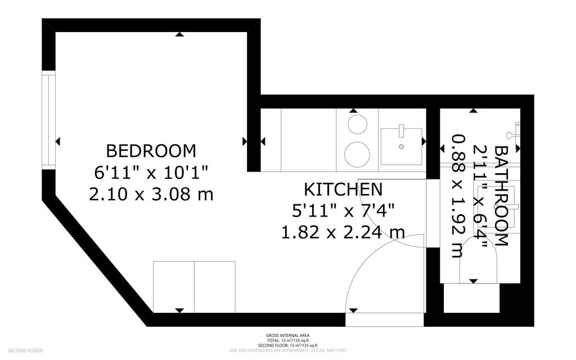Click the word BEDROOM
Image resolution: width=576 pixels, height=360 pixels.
[151, 151]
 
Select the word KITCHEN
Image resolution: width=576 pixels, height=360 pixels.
[343, 189]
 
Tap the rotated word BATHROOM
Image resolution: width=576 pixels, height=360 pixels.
[501, 196]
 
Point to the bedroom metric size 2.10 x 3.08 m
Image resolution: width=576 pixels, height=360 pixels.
[151, 195]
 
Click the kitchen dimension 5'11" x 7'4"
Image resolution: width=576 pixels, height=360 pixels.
[343, 210]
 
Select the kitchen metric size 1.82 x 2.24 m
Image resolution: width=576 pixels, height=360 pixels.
[343, 231]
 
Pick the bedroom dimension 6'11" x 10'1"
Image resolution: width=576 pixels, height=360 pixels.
[151, 173]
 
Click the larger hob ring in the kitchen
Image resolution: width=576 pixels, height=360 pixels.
[357, 154]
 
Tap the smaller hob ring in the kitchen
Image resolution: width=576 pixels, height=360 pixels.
[357, 124]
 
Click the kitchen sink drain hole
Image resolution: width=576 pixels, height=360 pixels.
[402, 146]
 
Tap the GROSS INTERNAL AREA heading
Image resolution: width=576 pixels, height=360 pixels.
[287, 335]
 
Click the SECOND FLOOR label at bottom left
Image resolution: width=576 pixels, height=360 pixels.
[25, 350]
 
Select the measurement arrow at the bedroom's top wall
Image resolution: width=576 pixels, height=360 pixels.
[179, 35]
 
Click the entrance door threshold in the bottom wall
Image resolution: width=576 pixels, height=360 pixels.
[384, 319]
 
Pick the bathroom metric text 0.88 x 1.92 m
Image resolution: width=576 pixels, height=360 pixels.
[460, 196]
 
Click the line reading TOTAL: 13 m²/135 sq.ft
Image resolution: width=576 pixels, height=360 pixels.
[287, 340]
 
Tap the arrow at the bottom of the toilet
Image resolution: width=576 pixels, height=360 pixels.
[474, 281]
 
